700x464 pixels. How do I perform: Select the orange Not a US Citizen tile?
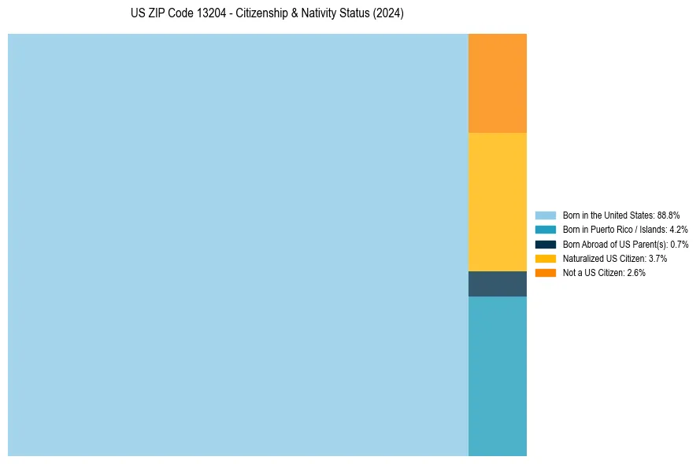coord(497,83)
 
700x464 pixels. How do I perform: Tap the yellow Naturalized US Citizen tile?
coord(497,202)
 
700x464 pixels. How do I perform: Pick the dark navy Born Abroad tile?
coord(497,284)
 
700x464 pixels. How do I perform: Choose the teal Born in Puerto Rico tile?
coord(497,376)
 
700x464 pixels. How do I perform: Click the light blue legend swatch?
coord(545,215)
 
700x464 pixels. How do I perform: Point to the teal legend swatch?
coord(545,230)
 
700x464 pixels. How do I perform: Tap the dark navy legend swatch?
coord(545,244)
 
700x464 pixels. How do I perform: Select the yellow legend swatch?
coord(545,258)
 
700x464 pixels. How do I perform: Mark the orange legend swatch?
coord(545,273)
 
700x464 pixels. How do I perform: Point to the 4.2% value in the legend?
coord(678,230)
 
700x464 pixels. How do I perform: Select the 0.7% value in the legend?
coord(679,244)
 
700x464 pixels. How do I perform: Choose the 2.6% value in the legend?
coord(636,273)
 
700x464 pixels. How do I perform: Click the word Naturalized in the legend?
coord(581,258)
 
